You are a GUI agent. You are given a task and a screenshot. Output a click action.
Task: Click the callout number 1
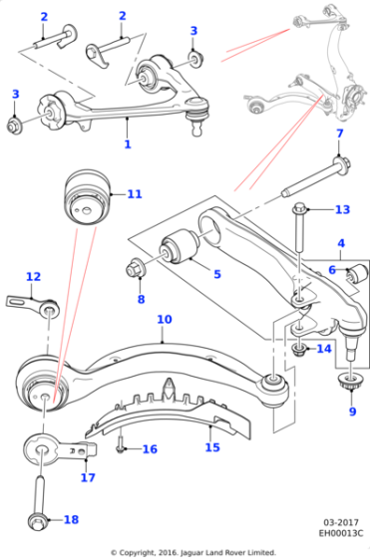coord(128,144)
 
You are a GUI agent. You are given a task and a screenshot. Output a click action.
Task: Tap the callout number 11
coord(135,194)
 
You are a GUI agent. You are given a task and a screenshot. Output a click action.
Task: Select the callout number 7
coord(340,134)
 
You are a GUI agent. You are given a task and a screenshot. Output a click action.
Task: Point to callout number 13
coord(342,209)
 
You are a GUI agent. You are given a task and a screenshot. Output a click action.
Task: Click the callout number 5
coord(217,274)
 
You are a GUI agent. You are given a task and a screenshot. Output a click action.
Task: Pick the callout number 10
coord(165,319)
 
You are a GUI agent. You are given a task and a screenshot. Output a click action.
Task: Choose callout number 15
coord(212,447)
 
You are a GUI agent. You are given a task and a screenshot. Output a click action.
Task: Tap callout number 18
coord(71,519)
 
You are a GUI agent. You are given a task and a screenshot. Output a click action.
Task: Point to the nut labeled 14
coord(299,349)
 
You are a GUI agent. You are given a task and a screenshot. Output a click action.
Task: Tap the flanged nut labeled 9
coord(351,383)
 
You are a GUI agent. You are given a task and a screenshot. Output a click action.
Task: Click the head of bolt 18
coord(36,521)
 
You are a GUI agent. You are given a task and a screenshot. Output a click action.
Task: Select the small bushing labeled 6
coord(358,273)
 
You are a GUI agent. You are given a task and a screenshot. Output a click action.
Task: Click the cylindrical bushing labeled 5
coord(181,247)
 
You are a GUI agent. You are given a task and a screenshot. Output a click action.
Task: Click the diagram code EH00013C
coord(340,533)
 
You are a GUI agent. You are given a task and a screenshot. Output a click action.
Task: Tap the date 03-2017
coord(341,523)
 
